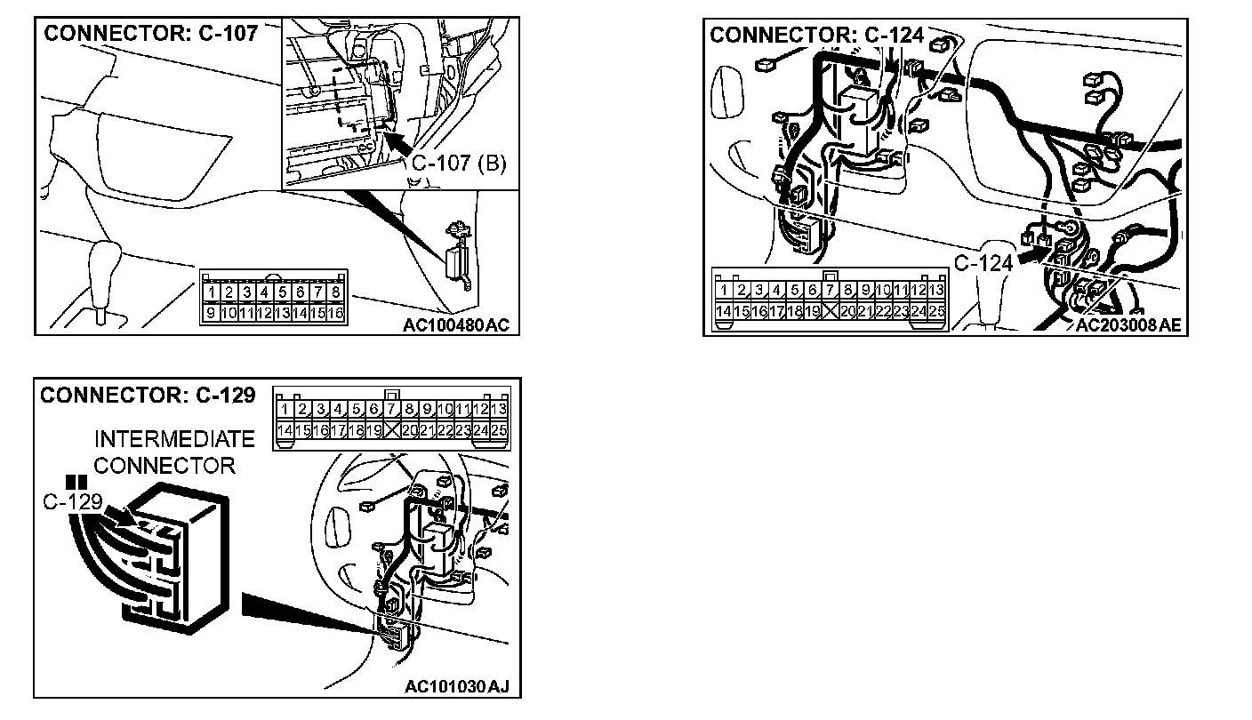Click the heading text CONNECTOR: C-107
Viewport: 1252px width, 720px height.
click(x=150, y=34)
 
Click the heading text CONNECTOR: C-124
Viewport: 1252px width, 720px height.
click(x=816, y=36)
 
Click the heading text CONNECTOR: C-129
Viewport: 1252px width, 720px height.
click(x=148, y=395)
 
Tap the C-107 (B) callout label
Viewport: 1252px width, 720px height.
click(x=458, y=164)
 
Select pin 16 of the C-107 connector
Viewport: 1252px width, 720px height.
click(x=335, y=313)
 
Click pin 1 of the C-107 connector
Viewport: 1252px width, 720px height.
click(x=211, y=292)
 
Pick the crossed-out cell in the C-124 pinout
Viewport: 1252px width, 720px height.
click(x=831, y=311)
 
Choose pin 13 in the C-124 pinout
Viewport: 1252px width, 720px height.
click(x=935, y=290)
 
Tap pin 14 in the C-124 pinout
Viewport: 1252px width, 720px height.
click(x=725, y=311)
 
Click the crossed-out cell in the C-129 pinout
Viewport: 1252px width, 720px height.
click(x=392, y=430)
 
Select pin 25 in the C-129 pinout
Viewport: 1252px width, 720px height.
click(x=498, y=430)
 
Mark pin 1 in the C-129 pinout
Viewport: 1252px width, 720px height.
click(x=285, y=409)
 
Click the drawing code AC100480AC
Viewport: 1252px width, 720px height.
click(x=456, y=325)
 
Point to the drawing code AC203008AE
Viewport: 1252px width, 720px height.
click(x=1128, y=325)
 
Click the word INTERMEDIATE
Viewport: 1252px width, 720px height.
click(x=174, y=439)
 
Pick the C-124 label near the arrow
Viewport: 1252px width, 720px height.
click(x=983, y=263)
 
